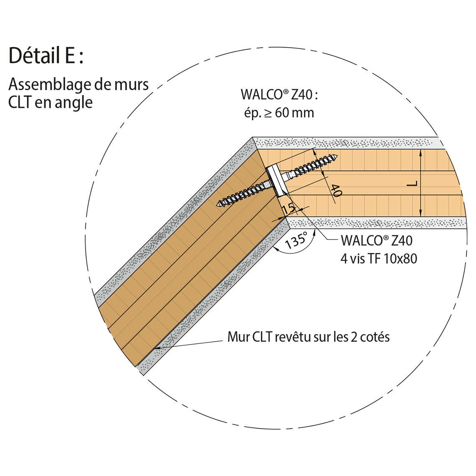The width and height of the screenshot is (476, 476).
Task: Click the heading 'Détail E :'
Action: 46,56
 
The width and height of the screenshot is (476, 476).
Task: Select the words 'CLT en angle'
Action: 51,103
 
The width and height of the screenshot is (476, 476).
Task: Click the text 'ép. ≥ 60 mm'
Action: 279,113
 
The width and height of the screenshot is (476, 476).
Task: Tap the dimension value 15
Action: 288,209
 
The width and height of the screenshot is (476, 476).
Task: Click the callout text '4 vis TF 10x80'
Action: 379,258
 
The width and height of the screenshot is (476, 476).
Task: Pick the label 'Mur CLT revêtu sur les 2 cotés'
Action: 309,337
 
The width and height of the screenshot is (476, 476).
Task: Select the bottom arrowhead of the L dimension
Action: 420,214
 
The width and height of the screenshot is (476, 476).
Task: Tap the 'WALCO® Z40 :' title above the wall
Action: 279,95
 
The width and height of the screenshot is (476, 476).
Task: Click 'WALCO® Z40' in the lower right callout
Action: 377,241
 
